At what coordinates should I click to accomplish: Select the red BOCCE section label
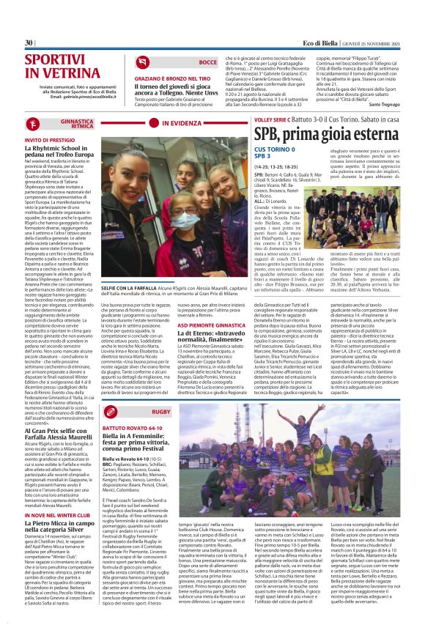[x=207, y=64]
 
